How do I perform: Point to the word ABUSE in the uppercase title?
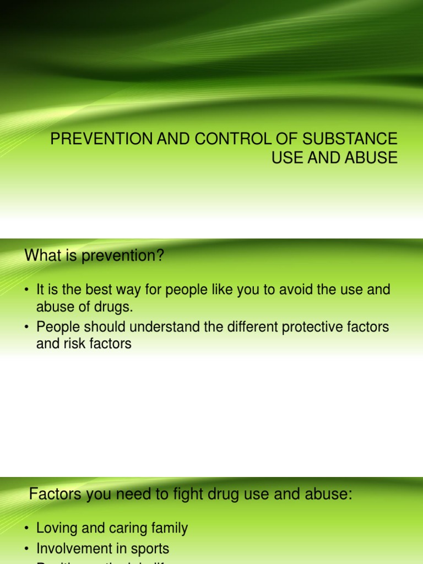coord(372,158)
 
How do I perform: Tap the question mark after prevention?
coord(161,256)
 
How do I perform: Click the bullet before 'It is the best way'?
coord(27,290)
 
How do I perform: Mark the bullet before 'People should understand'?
coord(27,327)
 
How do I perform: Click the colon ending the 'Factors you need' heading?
coord(349,495)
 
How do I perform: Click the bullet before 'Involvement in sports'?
coord(27,549)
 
